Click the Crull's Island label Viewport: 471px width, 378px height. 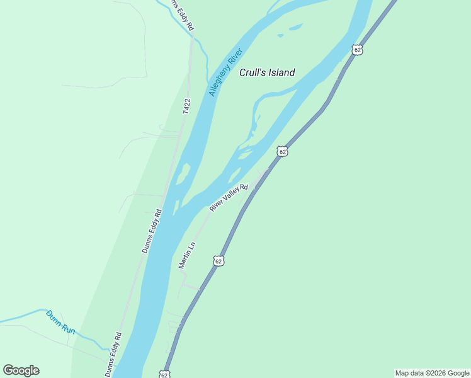pos(267,72)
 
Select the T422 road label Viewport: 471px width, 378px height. pos(186,106)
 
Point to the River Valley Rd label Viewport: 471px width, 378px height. pos(229,198)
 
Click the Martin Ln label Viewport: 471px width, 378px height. pos(187,255)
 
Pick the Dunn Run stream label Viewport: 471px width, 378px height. pos(60,322)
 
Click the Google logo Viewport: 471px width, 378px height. pos(21,370)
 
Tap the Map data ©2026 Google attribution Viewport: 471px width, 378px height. pos(432,373)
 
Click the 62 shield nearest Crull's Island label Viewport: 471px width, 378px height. pos(358,50)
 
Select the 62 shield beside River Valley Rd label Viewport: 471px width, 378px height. pos(282,151)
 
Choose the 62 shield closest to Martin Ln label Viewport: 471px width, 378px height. pos(218,260)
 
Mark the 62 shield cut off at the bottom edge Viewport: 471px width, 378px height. pos(164,374)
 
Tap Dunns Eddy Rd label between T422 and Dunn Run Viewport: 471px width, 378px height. pos(152,231)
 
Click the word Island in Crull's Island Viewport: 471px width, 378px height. pos(281,72)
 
